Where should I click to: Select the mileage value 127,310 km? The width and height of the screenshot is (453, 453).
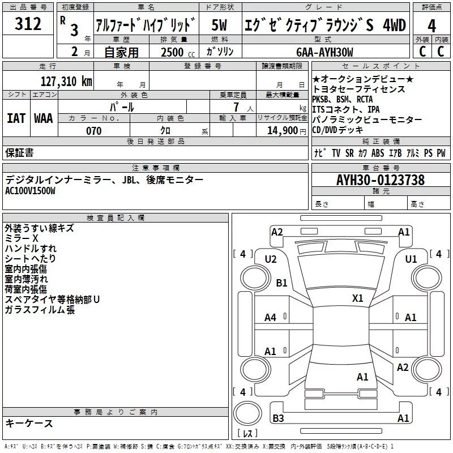pyautogui.click(x=66, y=81)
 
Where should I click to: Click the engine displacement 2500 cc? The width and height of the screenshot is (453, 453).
pyautogui.click(x=172, y=52)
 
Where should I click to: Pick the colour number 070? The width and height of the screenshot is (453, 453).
pyautogui.click(x=93, y=131)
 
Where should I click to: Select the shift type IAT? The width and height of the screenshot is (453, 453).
pyautogui.click(x=16, y=118)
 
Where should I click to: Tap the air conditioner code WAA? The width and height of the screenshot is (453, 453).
pyautogui.click(x=44, y=118)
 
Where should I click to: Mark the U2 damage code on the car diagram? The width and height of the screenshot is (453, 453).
pyautogui.click(x=271, y=259)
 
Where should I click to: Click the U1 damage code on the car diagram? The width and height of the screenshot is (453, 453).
pyautogui.click(x=411, y=259)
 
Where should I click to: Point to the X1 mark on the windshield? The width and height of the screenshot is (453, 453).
pyautogui.click(x=358, y=298)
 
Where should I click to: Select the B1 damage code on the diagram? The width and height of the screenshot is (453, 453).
pyautogui.click(x=281, y=283)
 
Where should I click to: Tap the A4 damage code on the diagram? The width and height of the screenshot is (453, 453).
pyautogui.click(x=270, y=318)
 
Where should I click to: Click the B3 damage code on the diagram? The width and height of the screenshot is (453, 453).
pyautogui.click(x=278, y=418)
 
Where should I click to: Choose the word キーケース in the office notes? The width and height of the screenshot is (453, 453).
pyautogui.click(x=29, y=424)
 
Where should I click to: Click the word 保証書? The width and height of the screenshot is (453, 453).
pyautogui.click(x=19, y=152)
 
